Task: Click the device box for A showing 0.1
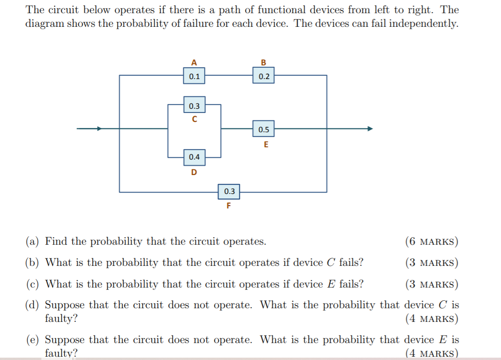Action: [x=194, y=76]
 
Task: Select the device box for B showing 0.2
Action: [x=264, y=76]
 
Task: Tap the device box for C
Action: [x=194, y=106]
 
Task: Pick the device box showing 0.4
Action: [x=194, y=157]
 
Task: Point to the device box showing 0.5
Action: [x=264, y=129]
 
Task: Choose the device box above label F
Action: [x=230, y=192]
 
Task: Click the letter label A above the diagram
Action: [x=194, y=62]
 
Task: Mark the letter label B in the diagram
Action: [x=263, y=62]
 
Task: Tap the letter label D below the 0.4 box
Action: [x=194, y=172]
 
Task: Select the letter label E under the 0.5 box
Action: [x=266, y=144]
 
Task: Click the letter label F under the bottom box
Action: [x=229, y=206]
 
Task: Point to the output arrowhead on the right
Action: [x=370, y=128]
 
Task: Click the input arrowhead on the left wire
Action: [x=99, y=128]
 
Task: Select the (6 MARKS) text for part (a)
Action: [x=431, y=242]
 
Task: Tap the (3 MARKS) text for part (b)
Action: [x=431, y=263]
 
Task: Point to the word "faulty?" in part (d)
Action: [x=61, y=319]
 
